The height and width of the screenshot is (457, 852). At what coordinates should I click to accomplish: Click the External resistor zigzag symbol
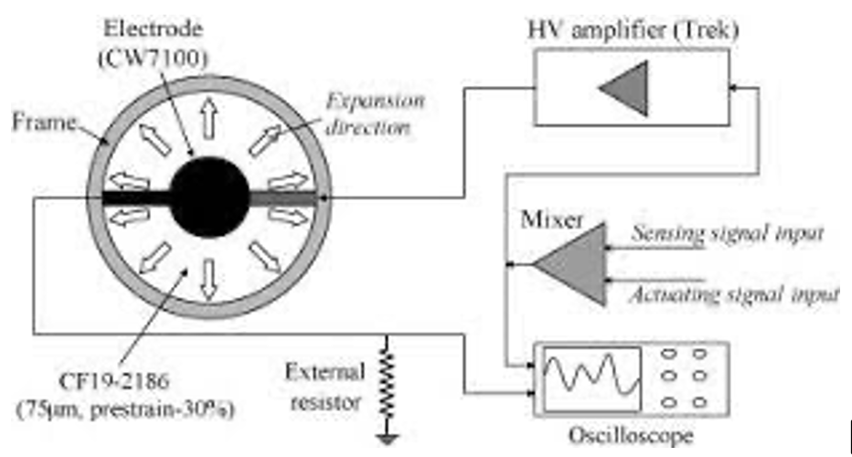point(389,376)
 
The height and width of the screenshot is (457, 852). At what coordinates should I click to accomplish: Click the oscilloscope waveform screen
point(591,375)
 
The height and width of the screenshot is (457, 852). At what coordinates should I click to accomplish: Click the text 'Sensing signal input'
point(729,233)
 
